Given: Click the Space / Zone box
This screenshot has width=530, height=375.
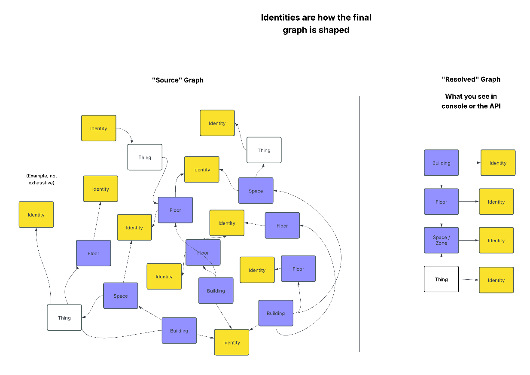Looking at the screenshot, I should click(x=441, y=241).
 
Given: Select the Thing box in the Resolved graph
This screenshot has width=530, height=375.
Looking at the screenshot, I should click(x=441, y=279).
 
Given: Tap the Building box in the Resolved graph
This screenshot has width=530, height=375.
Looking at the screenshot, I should click(x=441, y=163).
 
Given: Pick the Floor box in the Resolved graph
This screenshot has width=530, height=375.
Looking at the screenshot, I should click(x=441, y=202).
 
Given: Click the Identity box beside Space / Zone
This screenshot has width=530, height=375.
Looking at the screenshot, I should click(x=496, y=241).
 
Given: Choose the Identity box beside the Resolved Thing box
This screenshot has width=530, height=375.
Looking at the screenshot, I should click(x=496, y=280).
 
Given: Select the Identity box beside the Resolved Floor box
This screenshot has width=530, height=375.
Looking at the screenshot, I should click(x=496, y=202).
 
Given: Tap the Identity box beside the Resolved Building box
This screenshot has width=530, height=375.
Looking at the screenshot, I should click(x=498, y=163).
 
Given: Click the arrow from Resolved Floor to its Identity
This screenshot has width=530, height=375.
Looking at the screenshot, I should click(x=469, y=202).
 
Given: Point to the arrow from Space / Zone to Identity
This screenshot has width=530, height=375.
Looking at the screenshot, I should click(x=469, y=241).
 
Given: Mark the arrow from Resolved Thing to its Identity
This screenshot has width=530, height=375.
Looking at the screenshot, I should click(x=469, y=280).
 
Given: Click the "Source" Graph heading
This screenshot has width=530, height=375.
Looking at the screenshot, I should click(x=177, y=80).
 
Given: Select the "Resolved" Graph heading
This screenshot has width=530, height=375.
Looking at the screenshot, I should click(x=471, y=79).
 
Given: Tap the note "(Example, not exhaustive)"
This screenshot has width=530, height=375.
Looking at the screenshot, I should click(x=41, y=179).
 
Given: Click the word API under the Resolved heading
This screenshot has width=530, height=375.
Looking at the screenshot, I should click(x=493, y=106).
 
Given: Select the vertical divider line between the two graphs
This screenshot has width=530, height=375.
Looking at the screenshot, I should click(x=359, y=223).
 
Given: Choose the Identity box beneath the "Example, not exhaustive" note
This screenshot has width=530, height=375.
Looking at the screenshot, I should click(x=36, y=214).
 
